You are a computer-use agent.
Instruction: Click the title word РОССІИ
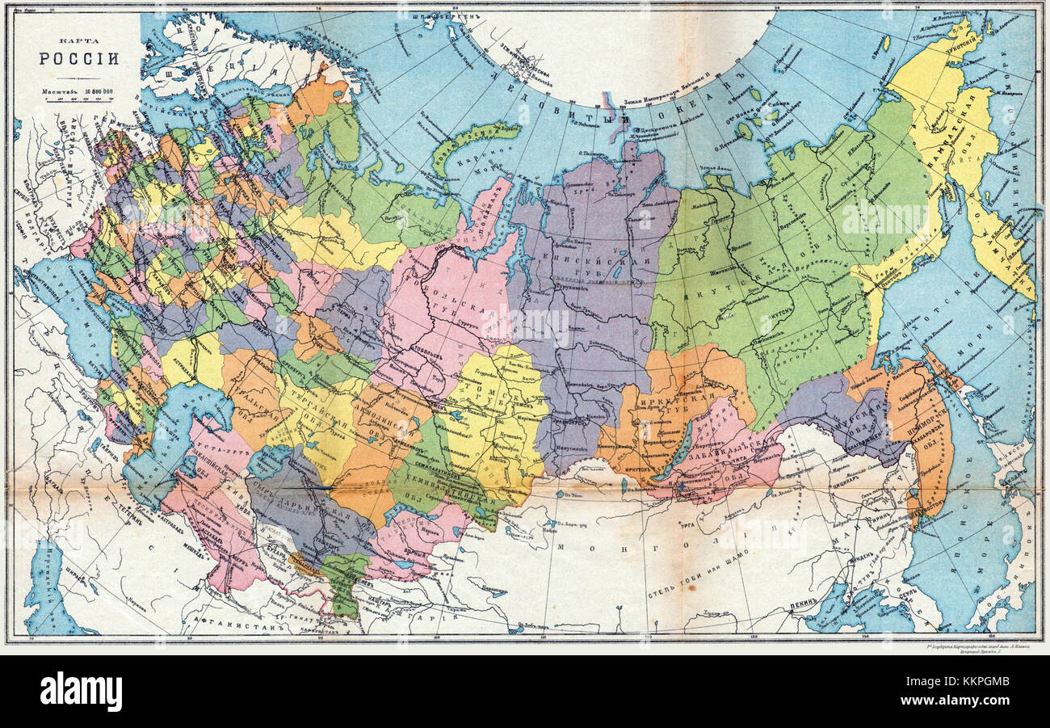click(x=79, y=58)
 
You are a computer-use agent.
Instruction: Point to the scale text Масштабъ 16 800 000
click(x=78, y=92)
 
